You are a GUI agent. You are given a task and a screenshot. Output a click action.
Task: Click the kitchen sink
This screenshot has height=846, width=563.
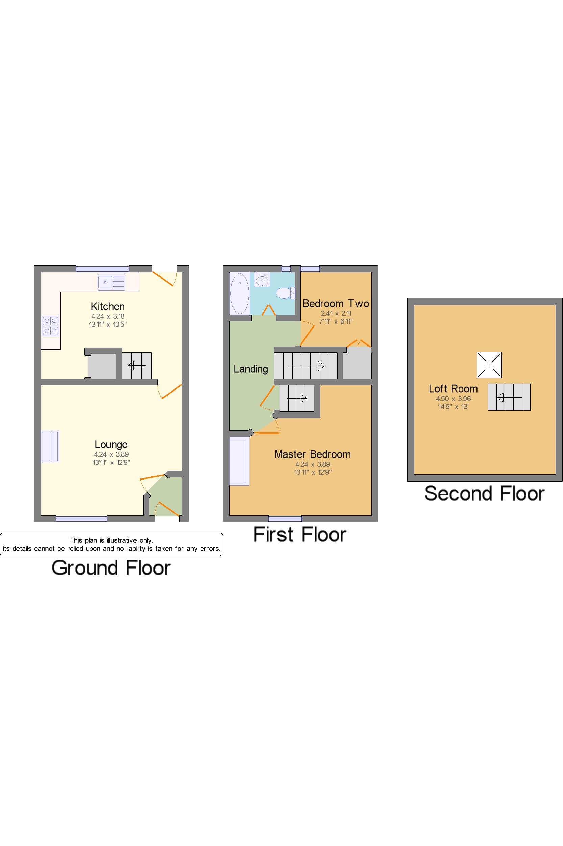pyautogui.click(x=111, y=282)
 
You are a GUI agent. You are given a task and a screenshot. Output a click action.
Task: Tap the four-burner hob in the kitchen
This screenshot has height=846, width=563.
pyautogui.click(x=50, y=326)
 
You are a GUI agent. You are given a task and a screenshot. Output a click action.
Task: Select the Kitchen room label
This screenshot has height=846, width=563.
pyautogui.click(x=108, y=306)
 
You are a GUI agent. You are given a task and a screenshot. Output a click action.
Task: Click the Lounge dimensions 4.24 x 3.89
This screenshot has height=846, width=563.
pyautogui.click(x=111, y=454)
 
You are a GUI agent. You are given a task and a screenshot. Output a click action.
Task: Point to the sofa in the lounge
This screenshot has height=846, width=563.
pyautogui.click(x=50, y=446)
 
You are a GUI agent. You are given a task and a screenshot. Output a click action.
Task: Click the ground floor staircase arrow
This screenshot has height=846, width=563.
pyautogui.click(x=137, y=366)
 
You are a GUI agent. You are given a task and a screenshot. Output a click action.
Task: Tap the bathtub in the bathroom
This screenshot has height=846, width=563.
pyautogui.click(x=240, y=293)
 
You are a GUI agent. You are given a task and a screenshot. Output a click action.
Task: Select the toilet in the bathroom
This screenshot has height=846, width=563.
pyautogui.click(x=285, y=293)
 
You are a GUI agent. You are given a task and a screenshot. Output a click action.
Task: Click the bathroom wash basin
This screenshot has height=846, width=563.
pyautogui.click(x=263, y=280)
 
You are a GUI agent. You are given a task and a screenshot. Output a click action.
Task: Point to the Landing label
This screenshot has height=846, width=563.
pyautogui.click(x=251, y=369)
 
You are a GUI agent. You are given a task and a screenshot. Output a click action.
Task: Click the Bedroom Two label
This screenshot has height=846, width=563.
pyautogui.click(x=336, y=304)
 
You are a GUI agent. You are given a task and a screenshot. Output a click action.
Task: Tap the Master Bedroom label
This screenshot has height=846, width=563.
pyautogui.click(x=312, y=454)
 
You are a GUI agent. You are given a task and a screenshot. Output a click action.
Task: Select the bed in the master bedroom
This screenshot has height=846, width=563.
pyautogui.click(x=239, y=461)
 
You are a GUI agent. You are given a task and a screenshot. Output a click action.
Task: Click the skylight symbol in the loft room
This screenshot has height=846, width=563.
pyautogui.click(x=489, y=364)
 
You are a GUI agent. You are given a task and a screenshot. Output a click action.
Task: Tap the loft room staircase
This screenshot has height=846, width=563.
pyautogui.click(x=509, y=397)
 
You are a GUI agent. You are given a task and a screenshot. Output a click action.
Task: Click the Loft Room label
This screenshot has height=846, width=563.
pyautogui.click(x=453, y=389)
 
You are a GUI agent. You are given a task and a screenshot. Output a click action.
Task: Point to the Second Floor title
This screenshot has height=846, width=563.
pyautogui.click(x=484, y=494)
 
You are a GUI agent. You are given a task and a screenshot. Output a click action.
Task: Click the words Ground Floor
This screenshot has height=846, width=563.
pyautogui.click(x=111, y=568)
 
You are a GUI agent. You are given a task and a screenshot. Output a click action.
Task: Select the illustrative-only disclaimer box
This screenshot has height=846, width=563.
pyautogui.click(x=111, y=544)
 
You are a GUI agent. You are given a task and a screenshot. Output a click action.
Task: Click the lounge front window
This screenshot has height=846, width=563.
pyautogui.click(x=81, y=519)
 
